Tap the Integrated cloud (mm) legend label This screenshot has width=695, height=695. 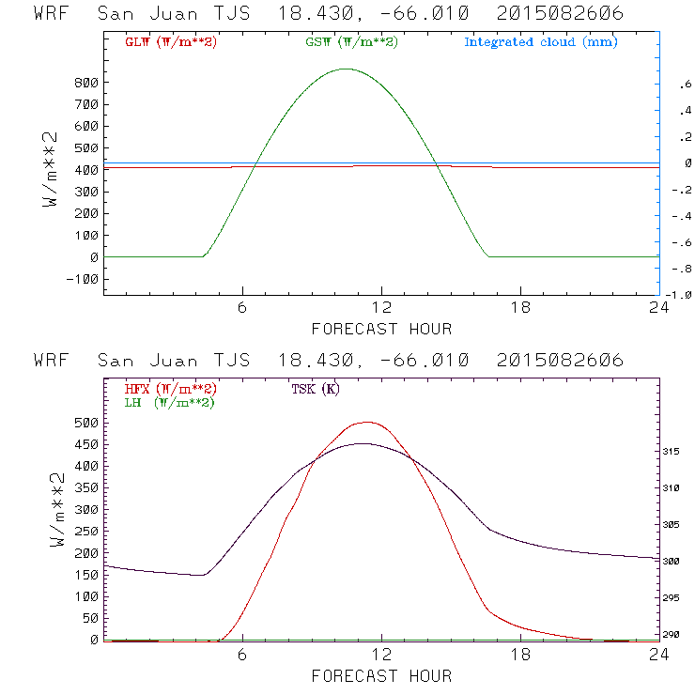pos(541,42)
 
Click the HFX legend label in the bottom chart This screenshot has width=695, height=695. pos(170,389)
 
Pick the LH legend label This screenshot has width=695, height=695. pos(170,402)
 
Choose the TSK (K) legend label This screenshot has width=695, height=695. pos(315,389)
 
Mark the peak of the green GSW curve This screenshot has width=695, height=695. pos(347,69)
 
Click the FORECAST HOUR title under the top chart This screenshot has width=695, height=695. pos(381,329)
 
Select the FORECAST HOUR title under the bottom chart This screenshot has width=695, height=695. pos(381,675)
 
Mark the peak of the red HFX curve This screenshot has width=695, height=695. pos(366,423)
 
